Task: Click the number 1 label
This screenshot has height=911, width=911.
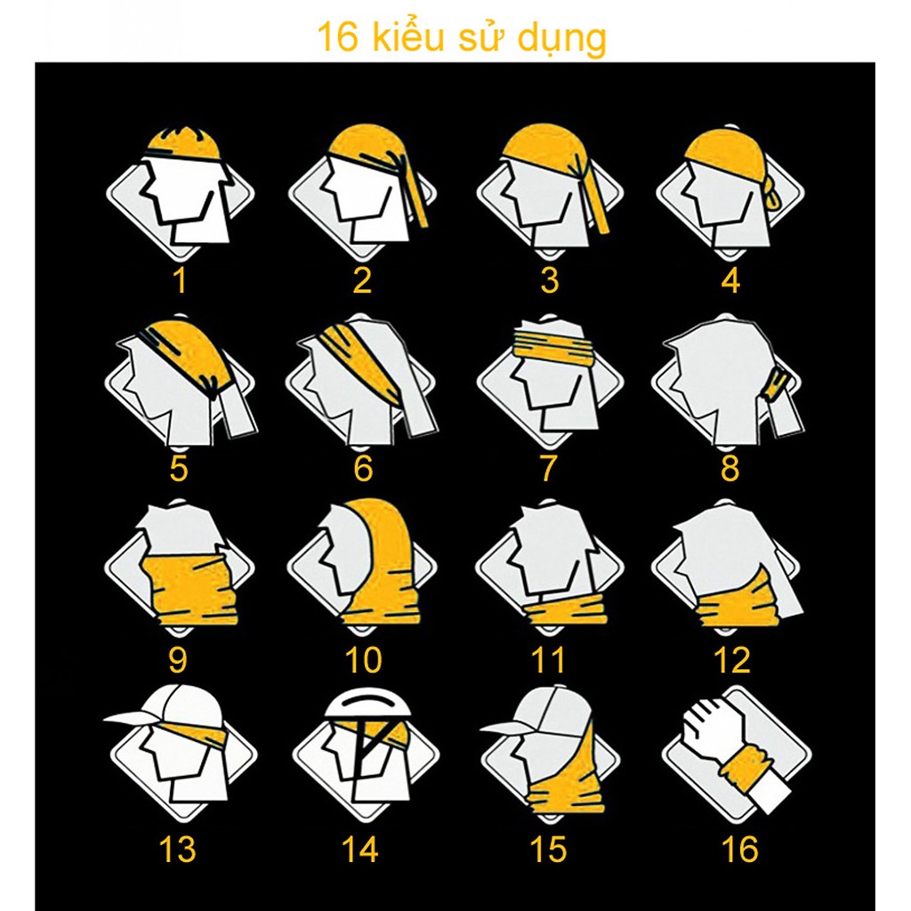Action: pyautogui.click(x=180, y=280)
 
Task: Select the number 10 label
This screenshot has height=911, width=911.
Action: pyautogui.click(x=363, y=660)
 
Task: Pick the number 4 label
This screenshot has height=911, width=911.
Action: pyautogui.click(x=730, y=280)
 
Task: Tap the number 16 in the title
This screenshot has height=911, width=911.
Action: pyautogui.click(x=337, y=39)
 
